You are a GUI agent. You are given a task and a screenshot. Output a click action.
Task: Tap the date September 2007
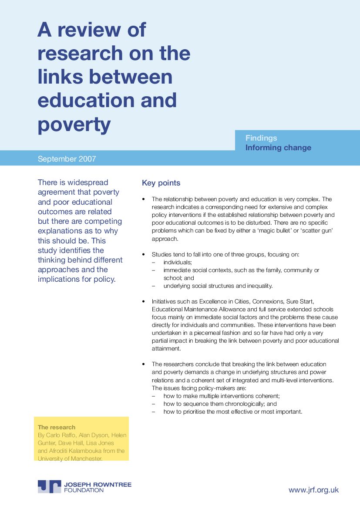click(67, 159)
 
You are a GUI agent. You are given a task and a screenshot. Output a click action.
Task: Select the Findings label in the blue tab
click(261, 138)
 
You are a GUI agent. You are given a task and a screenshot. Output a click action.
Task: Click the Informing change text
click(278, 148)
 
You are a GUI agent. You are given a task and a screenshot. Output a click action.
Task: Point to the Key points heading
click(161, 183)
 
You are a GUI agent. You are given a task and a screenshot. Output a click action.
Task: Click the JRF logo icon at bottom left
click(49, 486)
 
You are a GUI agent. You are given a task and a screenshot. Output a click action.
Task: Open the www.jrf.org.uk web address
click(313, 490)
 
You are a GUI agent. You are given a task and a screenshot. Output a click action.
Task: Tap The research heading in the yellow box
click(57, 427)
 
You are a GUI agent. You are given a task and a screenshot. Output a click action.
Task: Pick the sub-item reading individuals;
click(178, 262)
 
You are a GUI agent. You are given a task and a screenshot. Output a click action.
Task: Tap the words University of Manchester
click(70, 458)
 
